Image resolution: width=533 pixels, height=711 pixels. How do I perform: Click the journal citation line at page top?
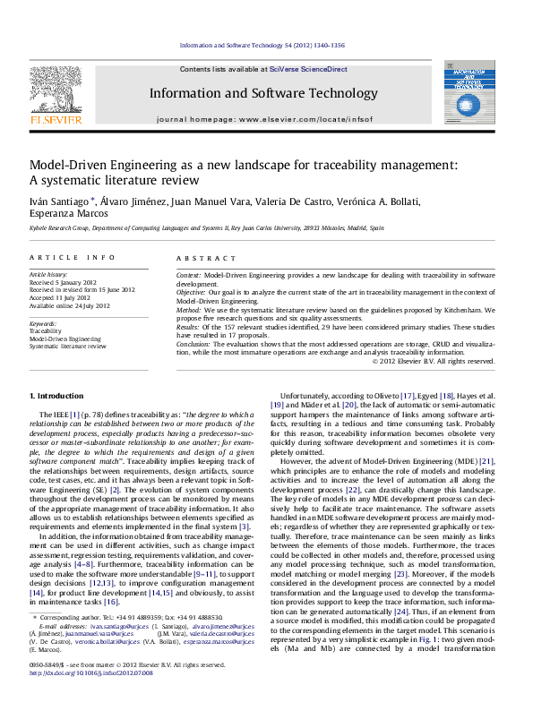tap(262, 45)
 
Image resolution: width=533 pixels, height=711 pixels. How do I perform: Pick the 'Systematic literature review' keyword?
tap(67, 345)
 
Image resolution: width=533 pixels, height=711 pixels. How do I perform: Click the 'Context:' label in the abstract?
tap(188, 273)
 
